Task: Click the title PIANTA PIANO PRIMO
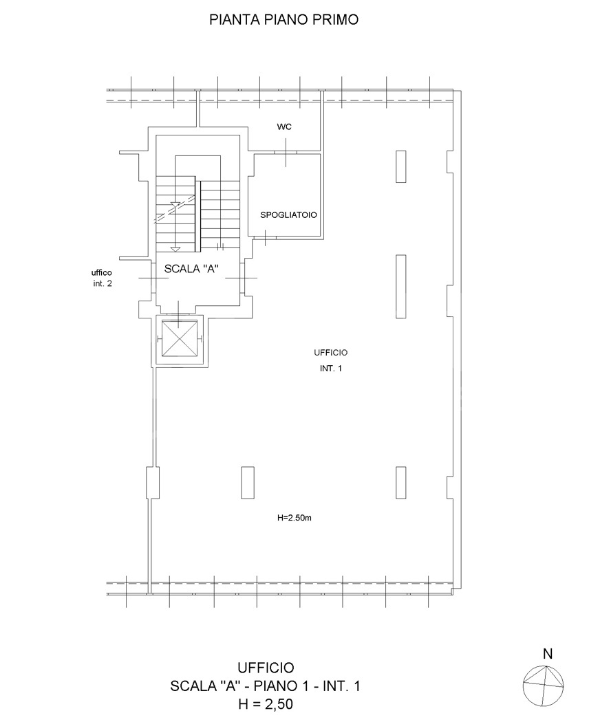click(284, 20)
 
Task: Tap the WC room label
click(284, 127)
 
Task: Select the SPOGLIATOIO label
click(288, 215)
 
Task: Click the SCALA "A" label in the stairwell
click(191, 269)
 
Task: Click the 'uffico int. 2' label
click(102, 278)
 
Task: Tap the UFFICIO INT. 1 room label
click(330, 360)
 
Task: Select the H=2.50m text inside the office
click(294, 518)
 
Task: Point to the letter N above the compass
click(548, 654)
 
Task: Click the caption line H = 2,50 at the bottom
click(266, 704)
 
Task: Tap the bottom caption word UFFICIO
click(266, 667)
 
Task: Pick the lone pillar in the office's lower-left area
click(248, 483)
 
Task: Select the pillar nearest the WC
click(401, 166)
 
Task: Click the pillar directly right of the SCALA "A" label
click(401, 287)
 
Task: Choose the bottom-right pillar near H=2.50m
click(401, 483)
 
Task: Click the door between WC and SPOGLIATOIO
click(286, 153)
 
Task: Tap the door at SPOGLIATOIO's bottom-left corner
click(266, 237)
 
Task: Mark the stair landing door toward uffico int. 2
click(149, 278)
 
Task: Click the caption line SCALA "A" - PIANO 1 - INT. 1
click(266, 686)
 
